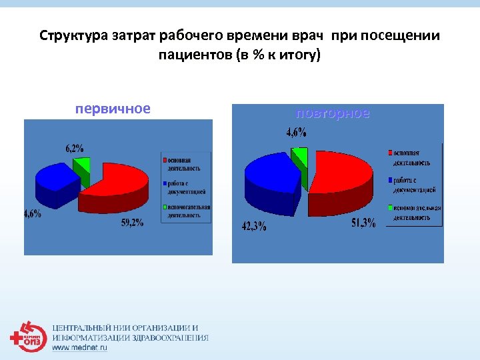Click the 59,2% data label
click(x=132, y=223)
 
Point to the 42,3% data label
click(x=253, y=226)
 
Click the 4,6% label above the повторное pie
click(x=297, y=133)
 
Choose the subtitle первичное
click(x=113, y=108)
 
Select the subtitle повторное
click(x=333, y=113)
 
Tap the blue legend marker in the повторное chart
click(x=390, y=180)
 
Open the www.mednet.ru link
click(x=79, y=347)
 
